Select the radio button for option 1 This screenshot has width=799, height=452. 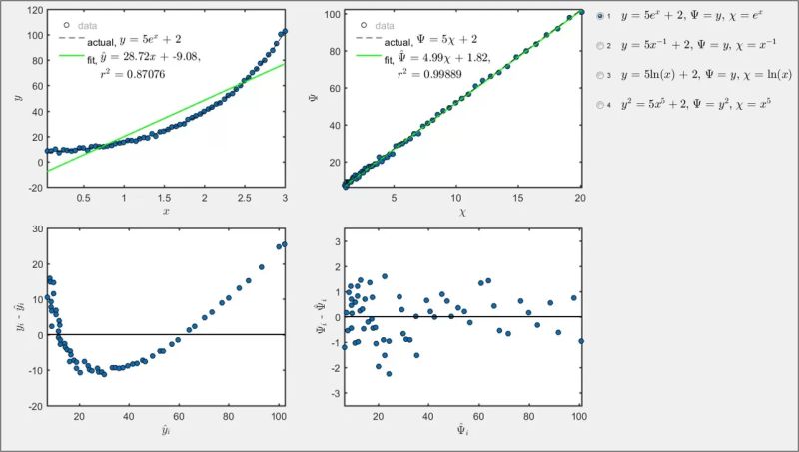pyautogui.click(x=599, y=17)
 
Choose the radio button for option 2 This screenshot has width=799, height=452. pyautogui.click(x=599, y=46)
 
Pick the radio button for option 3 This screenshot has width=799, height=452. pyautogui.click(x=599, y=75)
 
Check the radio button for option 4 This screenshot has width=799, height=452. pyautogui.click(x=599, y=104)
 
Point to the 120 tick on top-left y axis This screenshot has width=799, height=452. pyautogui.click(x=34, y=11)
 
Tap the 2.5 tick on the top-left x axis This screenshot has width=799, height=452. pyautogui.click(x=245, y=198)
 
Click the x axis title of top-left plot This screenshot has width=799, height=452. pyautogui.click(x=165, y=211)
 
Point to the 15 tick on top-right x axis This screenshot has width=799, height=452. pyautogui.click(x=518, y=198)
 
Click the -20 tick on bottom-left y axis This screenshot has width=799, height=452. pyautogui.click(x=33, y=406)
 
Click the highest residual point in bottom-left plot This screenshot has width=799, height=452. pyautogui.click(x=284, y=244)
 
